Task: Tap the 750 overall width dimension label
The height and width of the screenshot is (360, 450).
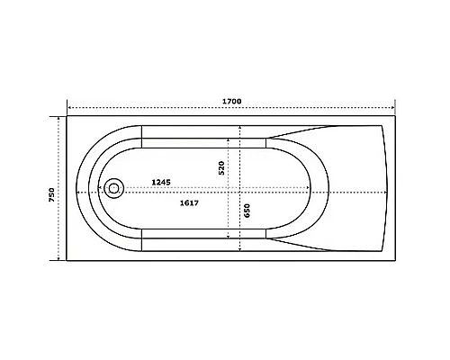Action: (x=53, y=193)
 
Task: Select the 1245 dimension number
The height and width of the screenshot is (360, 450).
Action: (x=161, y=183)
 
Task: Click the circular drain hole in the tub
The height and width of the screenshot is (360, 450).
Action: (x=113, y=189)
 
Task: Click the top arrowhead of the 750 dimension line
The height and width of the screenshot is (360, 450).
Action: (x=59, y=117)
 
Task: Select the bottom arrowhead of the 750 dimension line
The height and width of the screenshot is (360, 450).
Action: (x=59, y=260)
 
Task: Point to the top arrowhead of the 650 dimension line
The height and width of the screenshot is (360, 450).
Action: (x=239, y=127)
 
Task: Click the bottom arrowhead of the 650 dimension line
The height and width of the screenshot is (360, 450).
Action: (x=239, y=249)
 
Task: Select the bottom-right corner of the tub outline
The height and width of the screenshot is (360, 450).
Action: (x=396, y=262)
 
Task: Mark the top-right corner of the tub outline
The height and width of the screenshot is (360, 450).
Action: (x=396, y=115)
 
